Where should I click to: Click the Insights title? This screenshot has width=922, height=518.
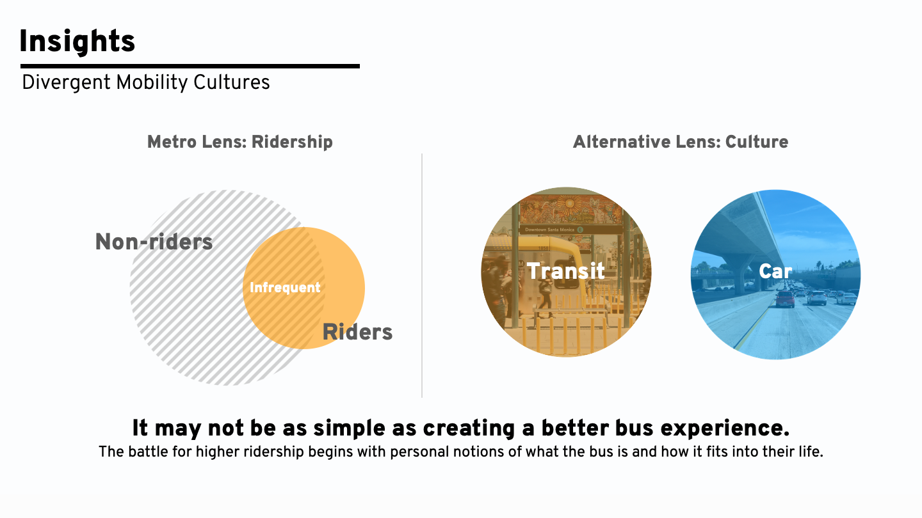tap(77, 41)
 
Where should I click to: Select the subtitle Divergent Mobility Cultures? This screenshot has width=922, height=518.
tap(146, 82)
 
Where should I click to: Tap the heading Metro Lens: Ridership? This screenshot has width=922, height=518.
tap(240, 142)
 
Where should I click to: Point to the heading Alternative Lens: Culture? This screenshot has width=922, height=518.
tap(681, 142)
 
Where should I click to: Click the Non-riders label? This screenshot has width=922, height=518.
tap(154, 242)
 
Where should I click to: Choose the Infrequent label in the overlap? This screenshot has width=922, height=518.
tap(285, 288)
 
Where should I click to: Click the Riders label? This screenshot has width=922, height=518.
tap(357, 332)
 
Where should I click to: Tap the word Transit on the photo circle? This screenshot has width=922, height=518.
tap(565, 271)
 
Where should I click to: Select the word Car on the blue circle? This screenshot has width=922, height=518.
tap(775, 271)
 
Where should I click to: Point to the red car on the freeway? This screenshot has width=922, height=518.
tap(785, 299)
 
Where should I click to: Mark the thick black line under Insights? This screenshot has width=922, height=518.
tap(190, 67)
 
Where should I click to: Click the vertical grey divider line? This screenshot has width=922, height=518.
tap(422, 276)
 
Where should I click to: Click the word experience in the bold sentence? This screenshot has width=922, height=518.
tap(725, 428)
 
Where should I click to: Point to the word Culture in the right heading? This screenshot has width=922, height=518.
tap(757, 142)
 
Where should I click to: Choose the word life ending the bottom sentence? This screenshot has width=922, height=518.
tap(811, 451)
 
